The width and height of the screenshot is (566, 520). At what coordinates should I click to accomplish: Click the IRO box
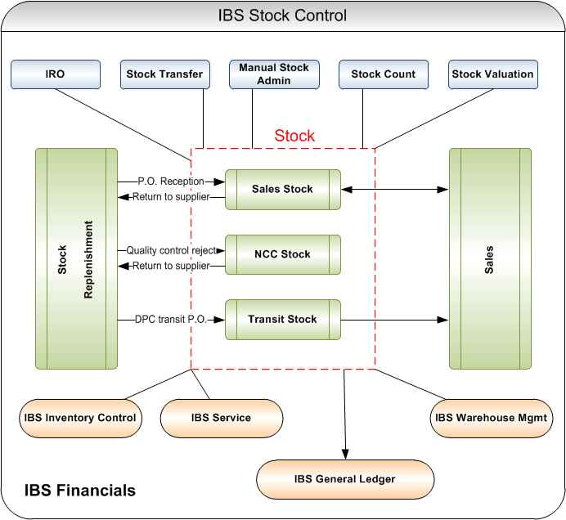pos(56,74)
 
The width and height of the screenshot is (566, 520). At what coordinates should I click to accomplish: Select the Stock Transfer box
pos(164,74)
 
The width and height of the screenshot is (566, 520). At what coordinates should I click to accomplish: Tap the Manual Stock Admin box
pos(274,74)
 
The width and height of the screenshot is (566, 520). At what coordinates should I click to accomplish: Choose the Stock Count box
pos(384,74)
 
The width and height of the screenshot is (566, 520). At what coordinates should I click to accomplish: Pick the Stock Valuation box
pos(492,74)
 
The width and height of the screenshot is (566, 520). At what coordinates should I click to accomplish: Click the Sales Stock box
pos(283,189)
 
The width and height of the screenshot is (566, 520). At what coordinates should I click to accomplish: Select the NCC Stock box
pos(283,254)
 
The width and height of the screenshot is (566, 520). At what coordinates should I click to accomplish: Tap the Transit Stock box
pos(283,320)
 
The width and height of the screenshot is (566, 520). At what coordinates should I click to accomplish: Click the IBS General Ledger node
pos(345,479)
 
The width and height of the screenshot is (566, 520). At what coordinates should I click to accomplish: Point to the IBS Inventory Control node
pos(80,418)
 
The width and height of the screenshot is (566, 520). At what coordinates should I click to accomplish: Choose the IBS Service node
pos(221,418)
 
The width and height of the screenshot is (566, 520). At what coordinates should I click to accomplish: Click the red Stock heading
pos(294,137)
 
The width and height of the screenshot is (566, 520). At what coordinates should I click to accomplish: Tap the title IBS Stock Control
pos(283,16)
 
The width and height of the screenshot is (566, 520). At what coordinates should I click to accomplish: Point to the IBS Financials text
pos(80,491)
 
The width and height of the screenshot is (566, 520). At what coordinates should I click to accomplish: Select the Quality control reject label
pos(172,250)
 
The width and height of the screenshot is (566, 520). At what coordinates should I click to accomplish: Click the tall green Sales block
pos(489,258)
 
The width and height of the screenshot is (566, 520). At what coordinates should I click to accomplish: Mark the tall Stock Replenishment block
pos(76,258)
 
